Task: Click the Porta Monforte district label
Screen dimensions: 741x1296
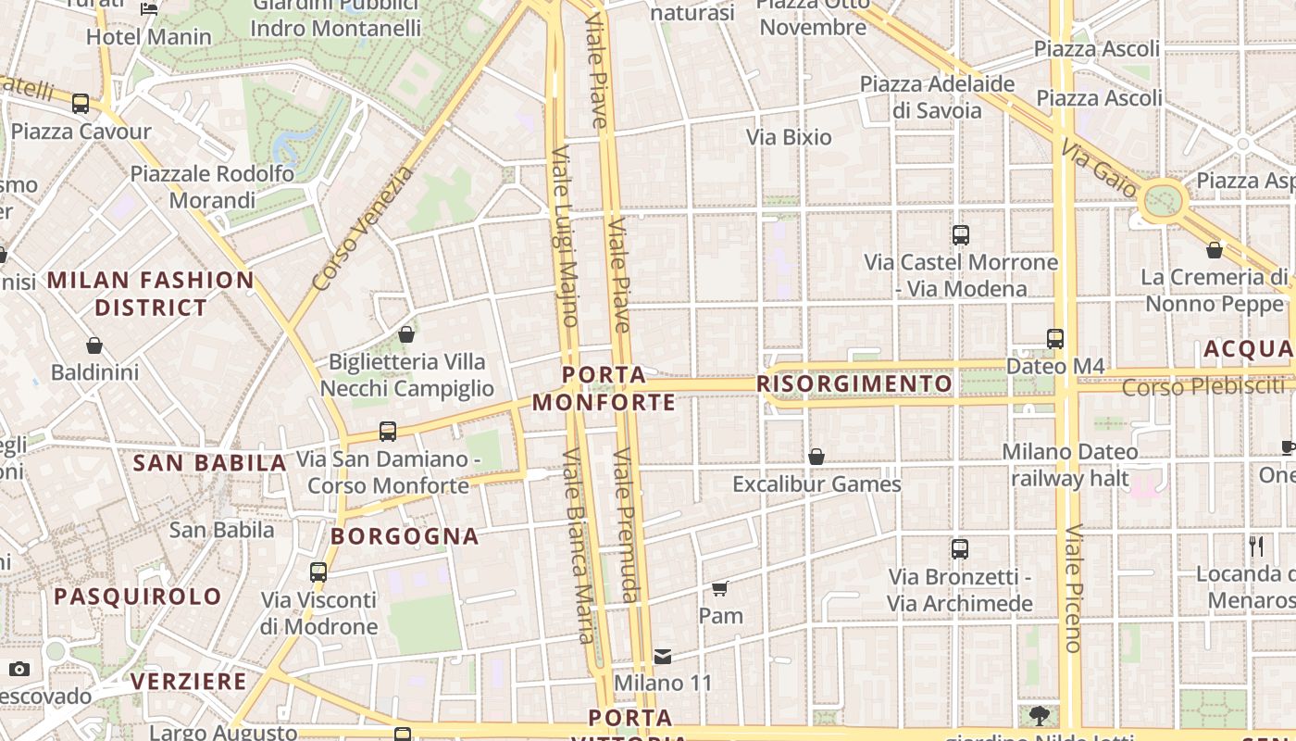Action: coord(604,389)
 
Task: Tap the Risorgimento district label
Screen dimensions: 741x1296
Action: coord(854,383)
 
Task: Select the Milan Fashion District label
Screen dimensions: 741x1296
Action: coord(151,294)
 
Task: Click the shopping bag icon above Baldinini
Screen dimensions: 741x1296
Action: coord(94,345)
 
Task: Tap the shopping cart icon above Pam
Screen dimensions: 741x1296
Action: coord(720,588)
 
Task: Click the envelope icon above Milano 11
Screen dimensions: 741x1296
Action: coord(663,657)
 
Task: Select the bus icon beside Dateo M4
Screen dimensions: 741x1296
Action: coord(1055,339)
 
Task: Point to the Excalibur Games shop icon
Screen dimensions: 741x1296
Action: coord(816,457)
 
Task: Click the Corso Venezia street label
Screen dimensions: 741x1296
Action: coord(364,228)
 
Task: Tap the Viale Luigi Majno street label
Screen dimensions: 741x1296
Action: coord(565,235)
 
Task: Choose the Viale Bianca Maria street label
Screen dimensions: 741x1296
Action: coord(579,546)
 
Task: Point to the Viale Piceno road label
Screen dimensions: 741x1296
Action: coord(1073,588)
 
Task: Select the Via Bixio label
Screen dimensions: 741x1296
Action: coord(789,137)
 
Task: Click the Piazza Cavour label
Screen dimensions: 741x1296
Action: coord(81,131)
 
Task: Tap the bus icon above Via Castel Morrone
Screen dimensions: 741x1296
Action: coord(961,235)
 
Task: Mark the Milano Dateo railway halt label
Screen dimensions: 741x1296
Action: coord(1071,465)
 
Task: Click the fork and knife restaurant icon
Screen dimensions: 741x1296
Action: coord(1256,546)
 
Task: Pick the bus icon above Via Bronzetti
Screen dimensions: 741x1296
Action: coord(960,549)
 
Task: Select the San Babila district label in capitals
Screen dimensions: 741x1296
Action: coord(210,463)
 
